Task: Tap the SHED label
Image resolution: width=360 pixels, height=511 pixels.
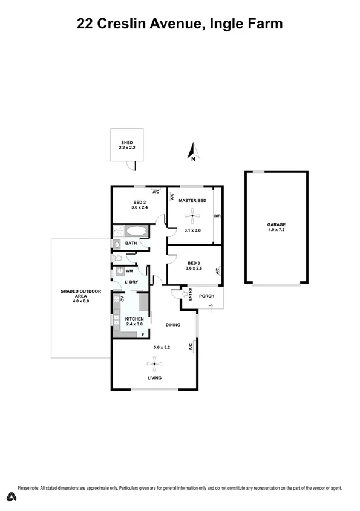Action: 126,143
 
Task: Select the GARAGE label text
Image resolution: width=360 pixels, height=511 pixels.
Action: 277,224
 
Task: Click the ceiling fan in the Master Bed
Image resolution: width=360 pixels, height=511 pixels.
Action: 193,215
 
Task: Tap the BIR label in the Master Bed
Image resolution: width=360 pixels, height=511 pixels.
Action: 217,215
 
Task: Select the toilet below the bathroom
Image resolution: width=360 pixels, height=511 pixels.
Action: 118,258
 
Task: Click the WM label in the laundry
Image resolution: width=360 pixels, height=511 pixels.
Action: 129,272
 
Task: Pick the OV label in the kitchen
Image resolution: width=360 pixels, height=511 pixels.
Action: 123,299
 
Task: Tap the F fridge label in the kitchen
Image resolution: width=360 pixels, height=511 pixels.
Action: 143,334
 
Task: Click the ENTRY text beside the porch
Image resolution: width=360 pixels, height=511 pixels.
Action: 190,295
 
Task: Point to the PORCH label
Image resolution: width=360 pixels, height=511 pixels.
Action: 207,296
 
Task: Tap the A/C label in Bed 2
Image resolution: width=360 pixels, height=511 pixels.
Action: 155,192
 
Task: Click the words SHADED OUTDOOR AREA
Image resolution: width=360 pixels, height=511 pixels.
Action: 75,296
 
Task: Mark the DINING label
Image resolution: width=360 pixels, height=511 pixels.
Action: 173,325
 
